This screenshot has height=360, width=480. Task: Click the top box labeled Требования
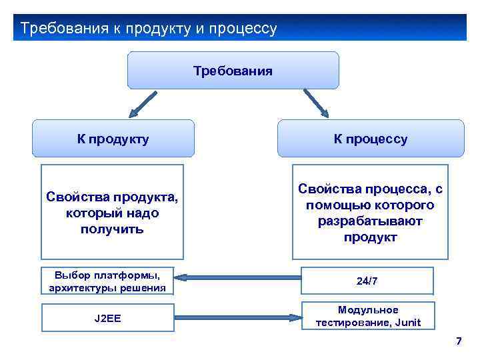coord(233,70)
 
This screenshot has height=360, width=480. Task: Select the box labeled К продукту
coord(113,139)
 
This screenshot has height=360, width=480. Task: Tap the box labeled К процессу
coord(370,139)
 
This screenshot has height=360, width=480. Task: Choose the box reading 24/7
coord(367,281)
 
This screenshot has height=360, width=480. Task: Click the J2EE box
coord(107,318)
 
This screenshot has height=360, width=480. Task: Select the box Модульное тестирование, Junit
coord(367,316)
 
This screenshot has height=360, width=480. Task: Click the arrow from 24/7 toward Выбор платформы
coord(237,279)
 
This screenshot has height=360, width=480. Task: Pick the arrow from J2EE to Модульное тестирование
coord(237,318)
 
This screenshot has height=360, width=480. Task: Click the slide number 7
coord(458,342)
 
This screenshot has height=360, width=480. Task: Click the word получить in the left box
coord(113,229)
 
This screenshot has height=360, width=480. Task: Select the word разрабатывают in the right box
coord(370,221)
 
